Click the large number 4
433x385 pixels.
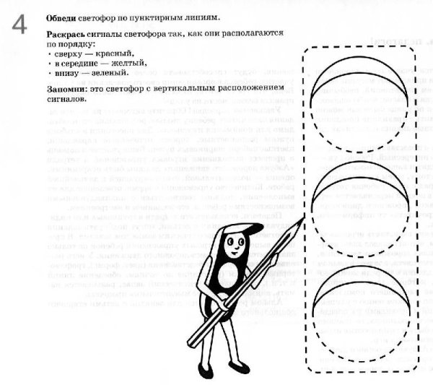point(19,25)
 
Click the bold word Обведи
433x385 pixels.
point(64,17)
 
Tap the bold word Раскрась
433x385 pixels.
point(68,35)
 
